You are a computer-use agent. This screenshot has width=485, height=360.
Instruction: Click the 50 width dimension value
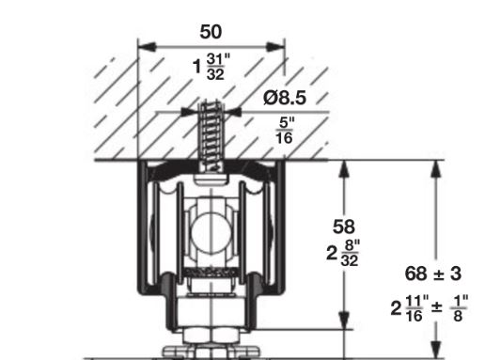(x=211, y=32)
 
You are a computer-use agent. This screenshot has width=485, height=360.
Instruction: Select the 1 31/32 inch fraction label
(x=211, y=67)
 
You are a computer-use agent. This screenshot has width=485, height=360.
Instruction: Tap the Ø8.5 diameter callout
(x=285, y=98)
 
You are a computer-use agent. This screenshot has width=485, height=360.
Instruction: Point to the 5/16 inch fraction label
(x=285, y=131)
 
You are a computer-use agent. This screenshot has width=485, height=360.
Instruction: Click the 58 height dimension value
(x=344, y=227)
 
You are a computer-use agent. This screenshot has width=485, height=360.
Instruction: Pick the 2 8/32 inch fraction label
(x=343, y=253)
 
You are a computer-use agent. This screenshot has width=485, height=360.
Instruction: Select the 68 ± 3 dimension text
(x=433, y=274)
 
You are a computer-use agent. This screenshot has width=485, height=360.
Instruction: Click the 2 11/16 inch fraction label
(x=410, y=308)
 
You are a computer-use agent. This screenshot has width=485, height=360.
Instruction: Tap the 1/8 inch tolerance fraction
(x=459, y=308)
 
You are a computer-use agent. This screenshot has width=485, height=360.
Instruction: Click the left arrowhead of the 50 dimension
(x=147, y=47)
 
